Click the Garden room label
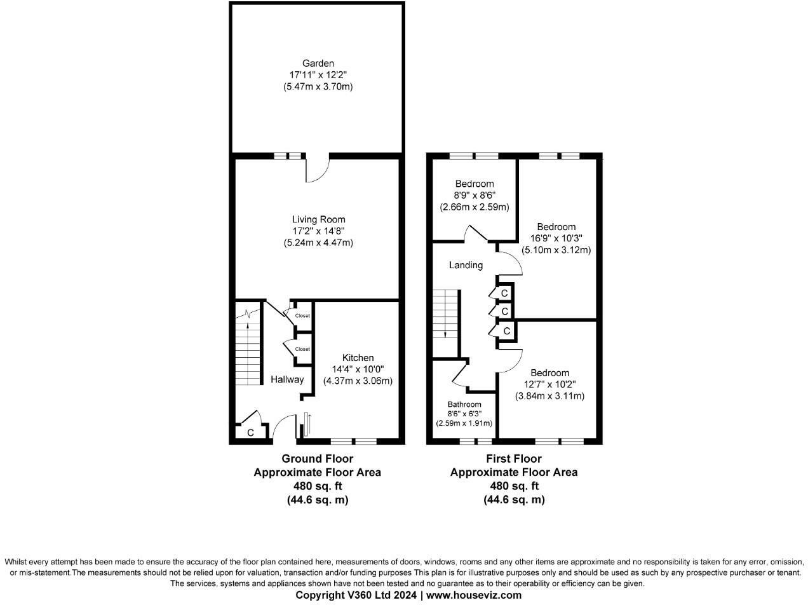(x=318, y=64)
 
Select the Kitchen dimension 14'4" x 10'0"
(x=357, y=369)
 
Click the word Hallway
(x=287, y=379)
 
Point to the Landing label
(x=466, y=265)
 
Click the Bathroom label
(x=464, y=404)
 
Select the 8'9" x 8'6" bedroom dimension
(x=474, y=196)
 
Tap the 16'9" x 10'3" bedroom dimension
(x=556, y=238)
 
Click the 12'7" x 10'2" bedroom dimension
(x=549, y=384)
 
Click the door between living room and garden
(x=317, y=169)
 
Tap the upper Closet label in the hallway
(x=302, y=316)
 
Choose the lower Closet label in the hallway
(x=302, y=349)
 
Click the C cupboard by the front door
(x=250, y=433)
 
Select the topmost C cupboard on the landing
(x=504, y=293)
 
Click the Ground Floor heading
(x=317, y=458)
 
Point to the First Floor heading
(x=514, y=458)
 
